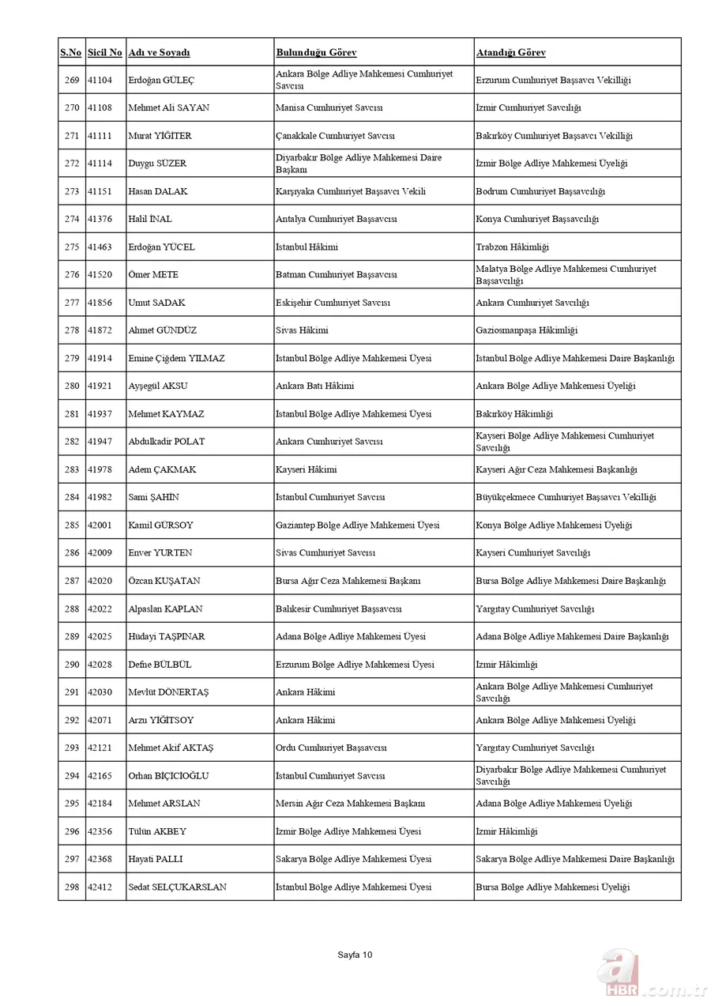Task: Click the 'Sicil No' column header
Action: pos(104,53)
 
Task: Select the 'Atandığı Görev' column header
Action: pos(510,53)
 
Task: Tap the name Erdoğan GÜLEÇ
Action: pos(161,81)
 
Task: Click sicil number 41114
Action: pos(100,164)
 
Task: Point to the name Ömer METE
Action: pos(153,275)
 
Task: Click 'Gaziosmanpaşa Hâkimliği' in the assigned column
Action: pos(526,330)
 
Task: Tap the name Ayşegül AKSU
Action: pos(158,386)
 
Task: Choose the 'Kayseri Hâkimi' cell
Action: pos(306,469)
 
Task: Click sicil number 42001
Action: pos(100,526)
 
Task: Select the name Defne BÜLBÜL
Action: pos(160,665)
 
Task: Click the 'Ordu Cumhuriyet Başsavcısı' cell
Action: pos(330,748)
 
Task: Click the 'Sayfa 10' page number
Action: pos(355,955)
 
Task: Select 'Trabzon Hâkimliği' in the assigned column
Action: pos(512,247)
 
